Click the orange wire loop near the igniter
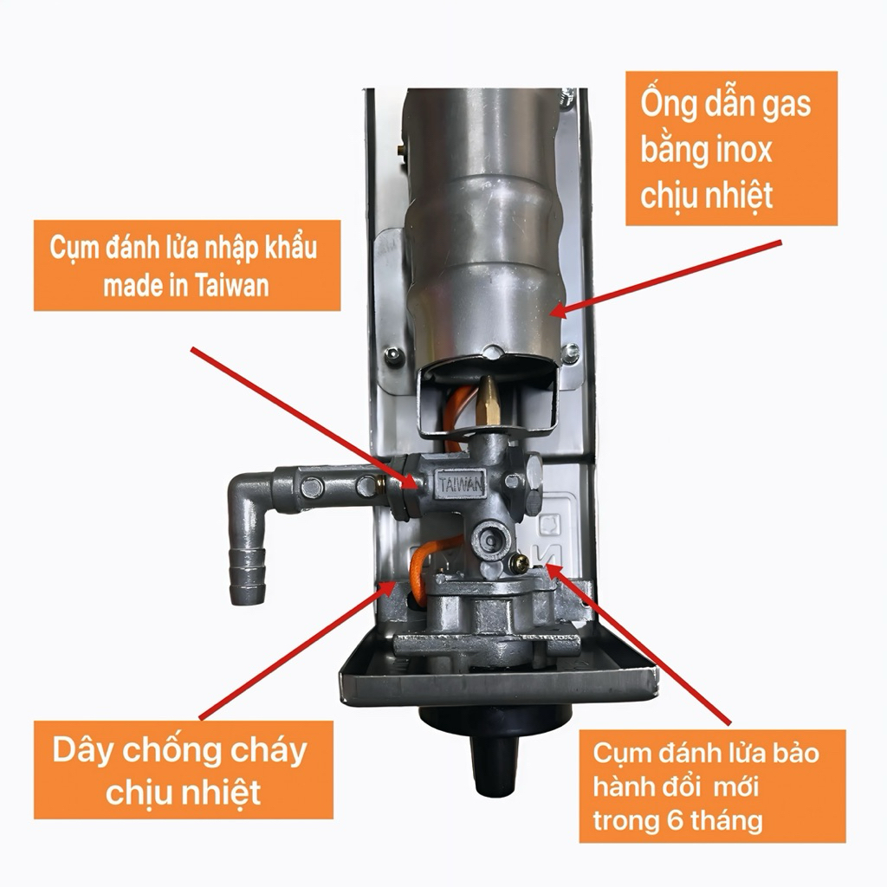coord(423,567)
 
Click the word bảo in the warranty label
coord(797,754)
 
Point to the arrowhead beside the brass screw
coord(553,570)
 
